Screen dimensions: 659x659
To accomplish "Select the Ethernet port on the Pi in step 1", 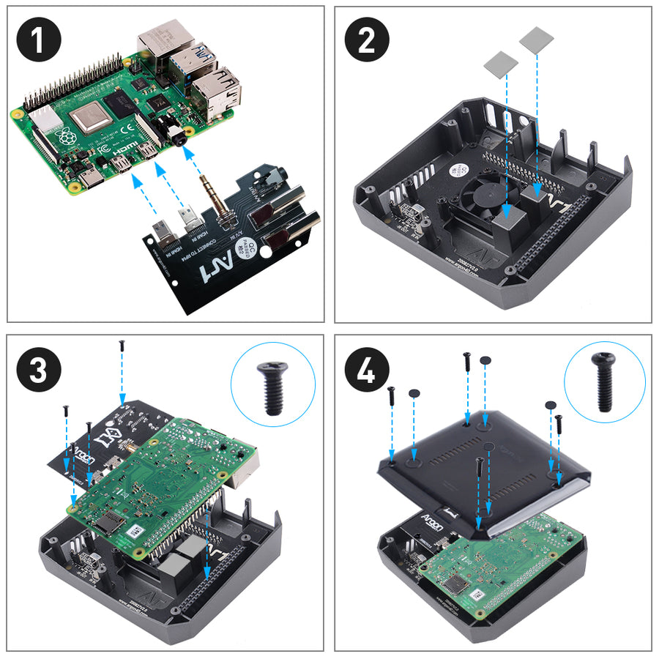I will tap(163, 40).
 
